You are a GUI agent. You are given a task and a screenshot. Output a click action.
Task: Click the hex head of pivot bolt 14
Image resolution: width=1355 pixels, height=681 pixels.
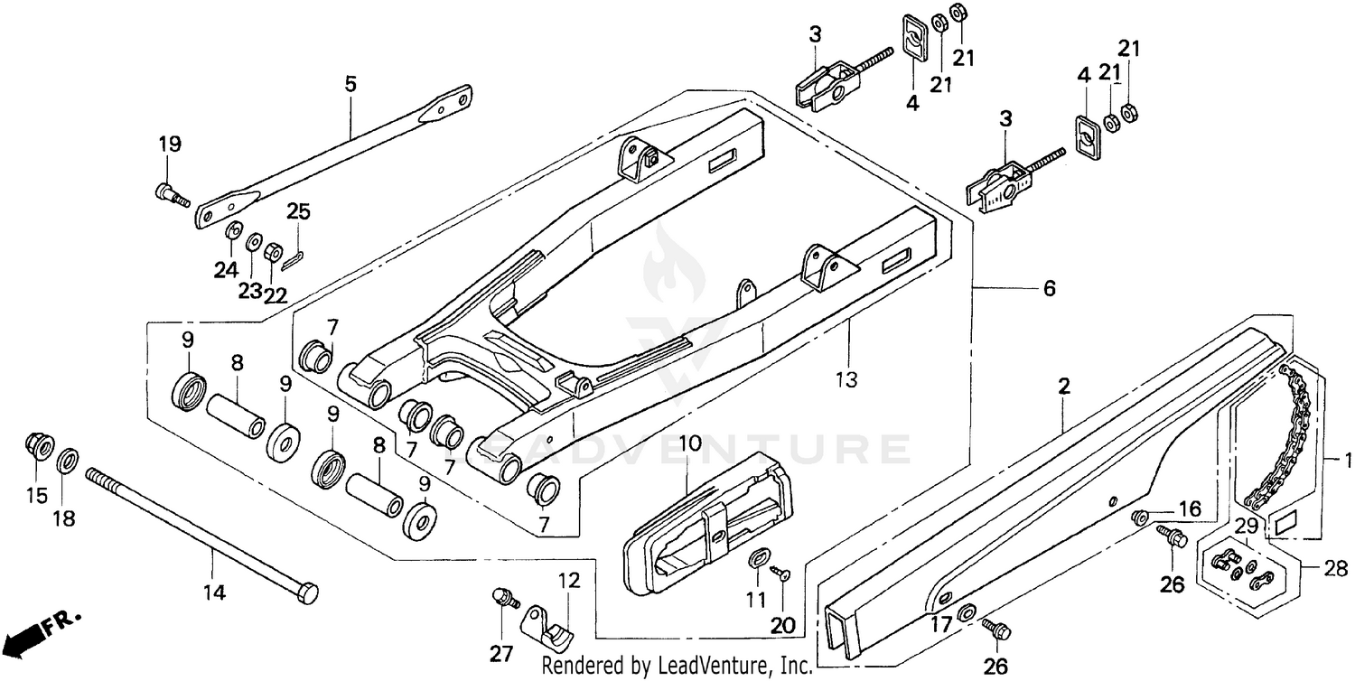pyautogui.click(x=307, y=593)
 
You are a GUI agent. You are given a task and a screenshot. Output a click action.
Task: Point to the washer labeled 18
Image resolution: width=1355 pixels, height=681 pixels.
pyautogui.click(x=67, y=463)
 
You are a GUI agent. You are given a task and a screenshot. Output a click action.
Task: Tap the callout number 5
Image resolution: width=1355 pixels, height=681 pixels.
pyautogui.click(x=350, y=84)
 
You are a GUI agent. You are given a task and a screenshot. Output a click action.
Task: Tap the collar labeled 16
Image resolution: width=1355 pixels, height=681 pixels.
pyautogui.click(x=1140, y=518)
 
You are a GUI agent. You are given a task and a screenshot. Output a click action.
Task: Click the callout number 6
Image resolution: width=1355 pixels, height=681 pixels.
pyautogui.click(x=1049, y=289)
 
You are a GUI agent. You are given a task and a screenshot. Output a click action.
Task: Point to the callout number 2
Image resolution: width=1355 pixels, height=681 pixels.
pyautogui.click(x=1064, y=387)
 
